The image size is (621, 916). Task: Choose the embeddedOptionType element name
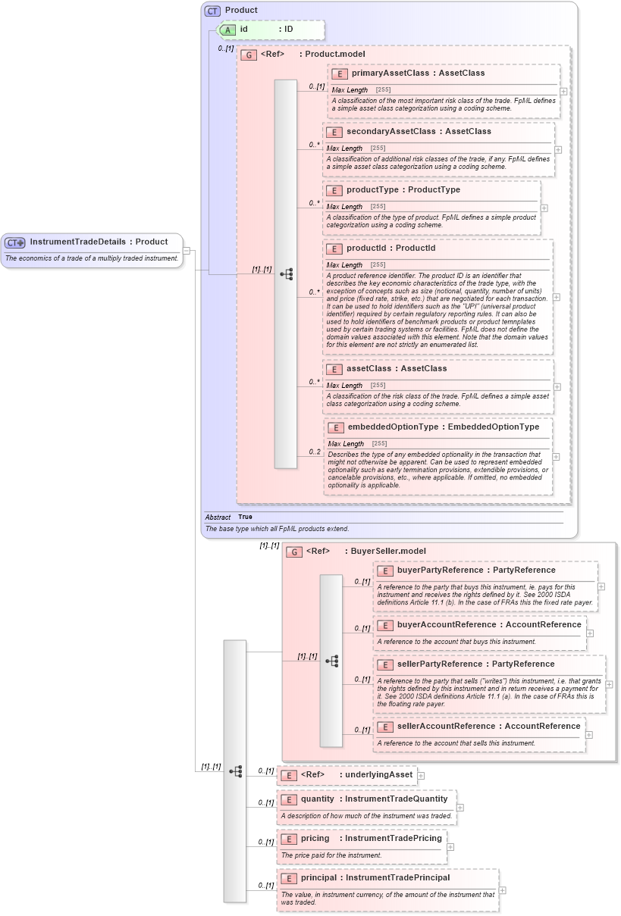pyautogui.click(x=393, y=427)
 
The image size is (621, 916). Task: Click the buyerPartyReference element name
pyautogui.click(x=440, y=571)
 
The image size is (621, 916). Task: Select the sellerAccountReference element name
pyautogui.click(x=446, y=727)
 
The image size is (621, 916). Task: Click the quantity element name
pyautogui.click(x=317, y=799)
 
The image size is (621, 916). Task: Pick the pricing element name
pyautogui.click(x=315, y=839)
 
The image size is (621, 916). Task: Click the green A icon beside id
pyautogui.click(x=227, y=30)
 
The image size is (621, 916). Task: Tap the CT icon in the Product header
pyautogui.click(x=213, y=11)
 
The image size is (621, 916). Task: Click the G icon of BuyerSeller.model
pyautogui.click(x=293, y=552)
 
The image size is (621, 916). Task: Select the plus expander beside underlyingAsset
pyautogui.click(x=421, y=775)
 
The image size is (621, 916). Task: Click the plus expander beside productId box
pyautogui.click(x=557, y=297)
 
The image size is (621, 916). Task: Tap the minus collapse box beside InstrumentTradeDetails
pyautogui.click(x=187, y=251)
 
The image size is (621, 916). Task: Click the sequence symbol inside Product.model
pyautogui.click(x=287, y=274)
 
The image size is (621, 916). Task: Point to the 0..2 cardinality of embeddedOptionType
pyautogui.click(x=315, y=452)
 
